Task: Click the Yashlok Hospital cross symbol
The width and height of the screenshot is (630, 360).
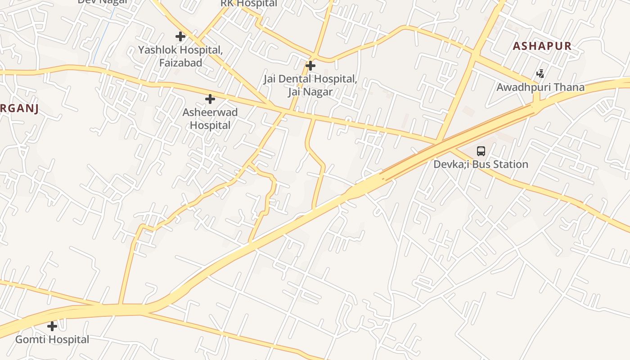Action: [x=180, y=36]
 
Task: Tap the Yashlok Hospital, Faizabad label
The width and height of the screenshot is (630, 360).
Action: [x=180, y=56]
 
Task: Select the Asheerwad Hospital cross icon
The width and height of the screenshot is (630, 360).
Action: [x=210, y=99]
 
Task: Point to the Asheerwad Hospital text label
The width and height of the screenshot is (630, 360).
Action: [x=210, y=119]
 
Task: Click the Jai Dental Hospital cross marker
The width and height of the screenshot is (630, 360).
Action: [x=310, y=66]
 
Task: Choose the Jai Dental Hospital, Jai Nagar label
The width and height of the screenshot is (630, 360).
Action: [x=310, y=85]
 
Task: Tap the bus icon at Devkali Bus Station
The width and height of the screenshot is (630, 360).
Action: [x=481, y=151]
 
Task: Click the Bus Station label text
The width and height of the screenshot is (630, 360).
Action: [x=481, y=164]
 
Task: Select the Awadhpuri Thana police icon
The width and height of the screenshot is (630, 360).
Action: [x=540, y=74]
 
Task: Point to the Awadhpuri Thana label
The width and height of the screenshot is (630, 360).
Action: [x=540, y=87]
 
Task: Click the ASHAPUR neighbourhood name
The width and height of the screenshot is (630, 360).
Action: [x=542, y=46]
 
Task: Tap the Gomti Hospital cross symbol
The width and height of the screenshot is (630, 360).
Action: [x=52, y=326]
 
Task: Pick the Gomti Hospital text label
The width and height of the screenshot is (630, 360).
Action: [x=52, y=339]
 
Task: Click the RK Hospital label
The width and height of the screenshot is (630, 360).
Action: [x=249, y=4]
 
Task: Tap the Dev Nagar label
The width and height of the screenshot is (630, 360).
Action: [x=103, y=2]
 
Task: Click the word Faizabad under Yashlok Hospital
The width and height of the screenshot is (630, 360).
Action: [x=180, y=63]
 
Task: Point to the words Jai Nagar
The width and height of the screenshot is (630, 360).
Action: [x=310, y=92]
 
